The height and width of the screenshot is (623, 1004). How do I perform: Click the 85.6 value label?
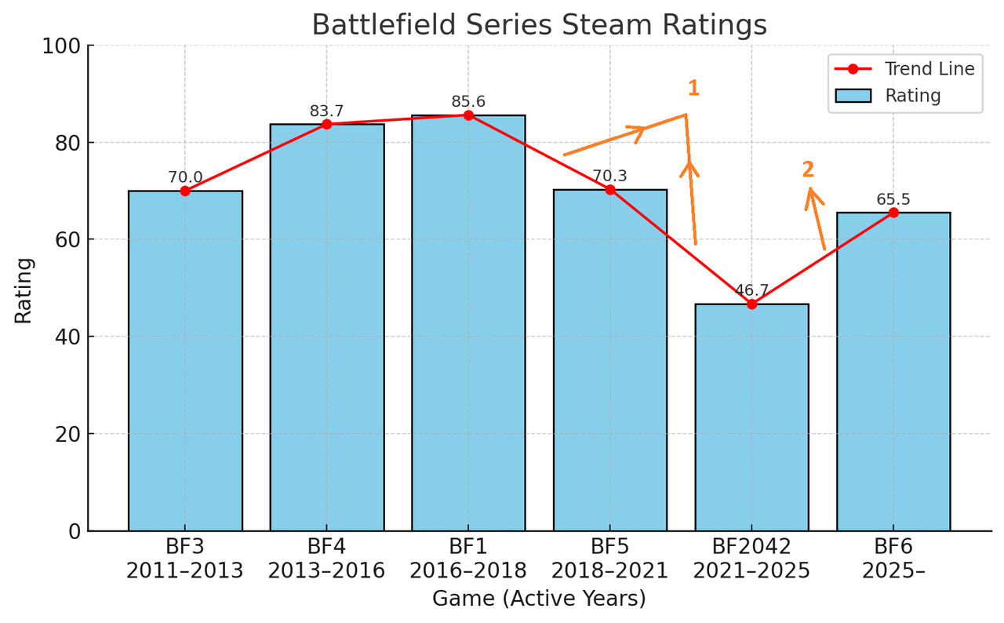coord(468,102)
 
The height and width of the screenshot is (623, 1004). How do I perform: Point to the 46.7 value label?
coord(751,290)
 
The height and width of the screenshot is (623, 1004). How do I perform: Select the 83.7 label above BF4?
coord(326,111)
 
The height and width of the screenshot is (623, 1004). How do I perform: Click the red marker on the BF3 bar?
coord(185,191)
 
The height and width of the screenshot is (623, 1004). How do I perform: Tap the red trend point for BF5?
coord(610,189)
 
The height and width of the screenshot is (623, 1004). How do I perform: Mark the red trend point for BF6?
coord(893,213)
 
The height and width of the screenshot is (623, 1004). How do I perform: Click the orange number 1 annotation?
coord(693,89)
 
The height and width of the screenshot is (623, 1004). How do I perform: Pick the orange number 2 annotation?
coord(808,169)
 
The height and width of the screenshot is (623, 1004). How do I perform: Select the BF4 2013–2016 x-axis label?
coord(326,559)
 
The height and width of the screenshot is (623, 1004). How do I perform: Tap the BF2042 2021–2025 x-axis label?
coord(751,559)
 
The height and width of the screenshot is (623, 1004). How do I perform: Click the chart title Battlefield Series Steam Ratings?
coord(539,26)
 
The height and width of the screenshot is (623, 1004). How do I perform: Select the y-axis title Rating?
coord(24,290)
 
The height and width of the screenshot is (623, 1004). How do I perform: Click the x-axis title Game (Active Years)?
coord(539,599)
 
